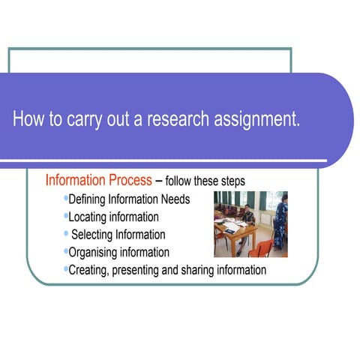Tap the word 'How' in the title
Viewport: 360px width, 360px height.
tap(28, 120)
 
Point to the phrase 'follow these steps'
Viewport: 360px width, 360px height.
tap(205, 181)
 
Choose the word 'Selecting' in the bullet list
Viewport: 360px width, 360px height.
tap(97, 235)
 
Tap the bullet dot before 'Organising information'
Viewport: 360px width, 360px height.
tap(66, 251)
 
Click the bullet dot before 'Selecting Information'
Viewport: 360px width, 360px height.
tap(66, 233)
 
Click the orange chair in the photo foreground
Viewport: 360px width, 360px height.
tap(261, 247)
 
